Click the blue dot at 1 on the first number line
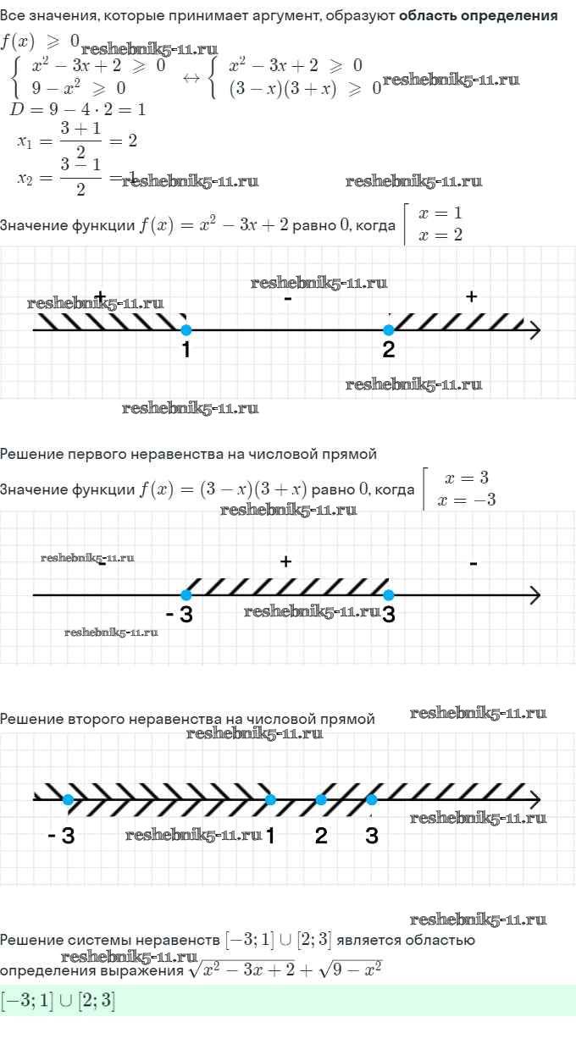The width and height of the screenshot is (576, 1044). [186, 330]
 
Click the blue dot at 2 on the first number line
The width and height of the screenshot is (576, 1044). [389, 330]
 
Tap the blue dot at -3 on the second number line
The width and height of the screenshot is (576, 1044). [186, 595]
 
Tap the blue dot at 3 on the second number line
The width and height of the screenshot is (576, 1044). [389, 595]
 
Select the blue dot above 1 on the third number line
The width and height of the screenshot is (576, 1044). [270, 799]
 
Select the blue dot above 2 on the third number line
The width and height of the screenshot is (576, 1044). [321, 799]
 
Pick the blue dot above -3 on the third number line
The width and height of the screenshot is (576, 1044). [68, 799]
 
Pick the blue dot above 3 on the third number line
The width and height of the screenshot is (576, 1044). [372, 799]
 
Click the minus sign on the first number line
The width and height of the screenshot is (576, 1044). [288, 299]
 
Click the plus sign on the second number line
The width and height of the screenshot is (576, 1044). [286, 561]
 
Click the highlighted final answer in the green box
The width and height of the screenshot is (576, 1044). [58, 1001]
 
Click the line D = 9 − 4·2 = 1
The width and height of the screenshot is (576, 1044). [77, 109]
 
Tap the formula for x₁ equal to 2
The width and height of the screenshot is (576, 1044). [77, 141]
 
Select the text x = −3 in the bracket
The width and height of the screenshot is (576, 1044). [467, 500]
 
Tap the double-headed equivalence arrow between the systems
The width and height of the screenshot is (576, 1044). [191, 78]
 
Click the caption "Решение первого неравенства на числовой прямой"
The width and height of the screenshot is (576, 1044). [188, 455]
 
